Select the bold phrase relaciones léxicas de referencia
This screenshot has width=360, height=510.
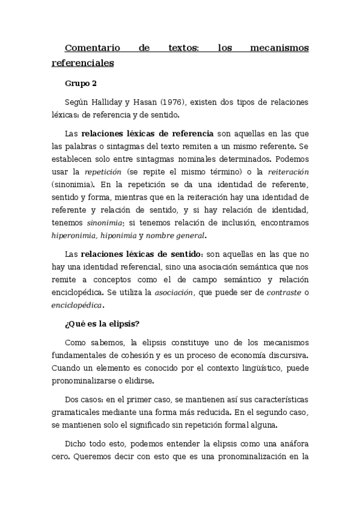tap(147, 133)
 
